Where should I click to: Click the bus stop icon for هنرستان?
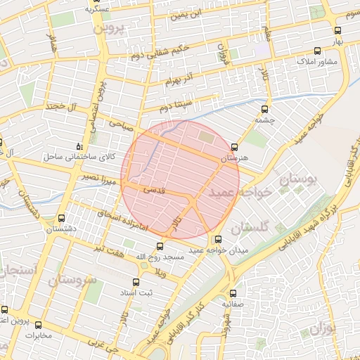tap(234, 148)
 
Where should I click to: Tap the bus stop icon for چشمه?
tap(264, 109)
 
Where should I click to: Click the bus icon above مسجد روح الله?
tap(160, 246)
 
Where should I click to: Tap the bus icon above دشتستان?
tap(61, 218)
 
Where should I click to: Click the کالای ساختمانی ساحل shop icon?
tap(78, 146)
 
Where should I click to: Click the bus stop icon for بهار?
tap(338, 31)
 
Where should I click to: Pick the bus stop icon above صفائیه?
tap(233, 293)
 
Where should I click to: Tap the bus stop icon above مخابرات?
tap(38, 325)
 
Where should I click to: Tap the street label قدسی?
tap(154, 190)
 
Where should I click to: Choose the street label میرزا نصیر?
tap(96, 176)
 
